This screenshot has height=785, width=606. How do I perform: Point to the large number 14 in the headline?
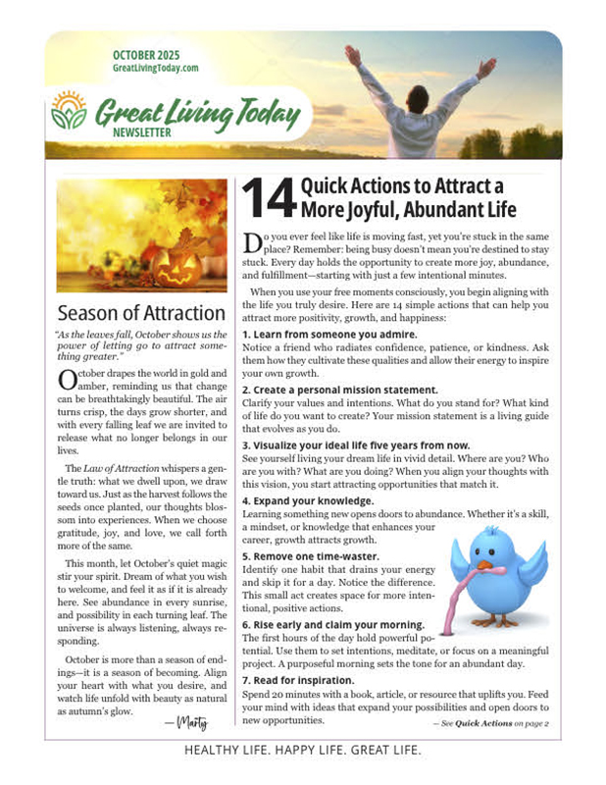(266, 197)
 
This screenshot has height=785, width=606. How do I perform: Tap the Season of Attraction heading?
(141, 314)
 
